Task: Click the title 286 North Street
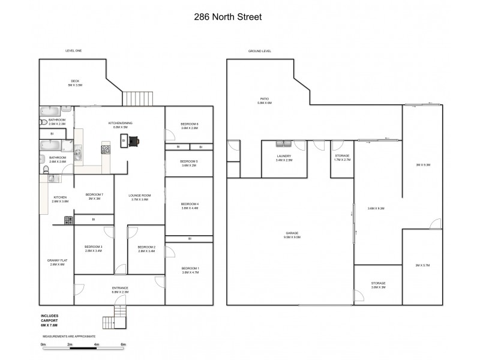[227, 17]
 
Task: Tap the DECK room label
[75, 81]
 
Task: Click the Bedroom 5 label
[189, 161]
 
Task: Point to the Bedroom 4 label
[189, 205]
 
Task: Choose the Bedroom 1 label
[189, 268]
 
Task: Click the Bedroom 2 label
[146, 247]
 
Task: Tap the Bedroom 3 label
[94, 247]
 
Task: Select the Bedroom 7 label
[94, 194]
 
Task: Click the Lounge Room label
[140, 196]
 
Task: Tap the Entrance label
[120, 288]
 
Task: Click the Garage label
[292, 233]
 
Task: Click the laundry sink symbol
[283, 143]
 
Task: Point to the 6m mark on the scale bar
[124, 344]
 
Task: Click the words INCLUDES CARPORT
[50, 318]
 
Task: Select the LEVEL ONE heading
[73, 51]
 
